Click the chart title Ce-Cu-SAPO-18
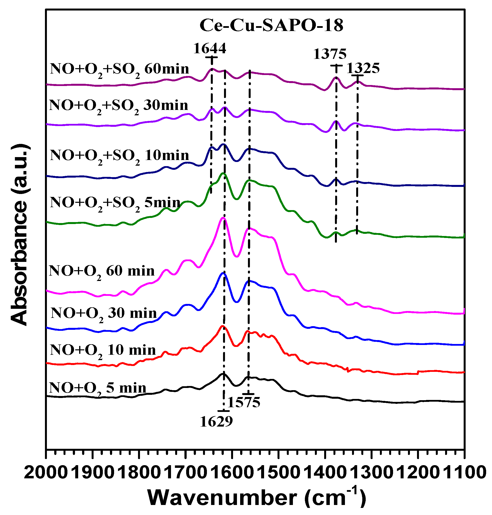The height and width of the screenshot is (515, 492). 271,26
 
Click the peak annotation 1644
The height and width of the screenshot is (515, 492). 210,48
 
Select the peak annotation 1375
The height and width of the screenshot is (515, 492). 330,54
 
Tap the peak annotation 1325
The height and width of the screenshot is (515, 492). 363,68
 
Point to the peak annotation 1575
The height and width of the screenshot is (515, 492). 244,402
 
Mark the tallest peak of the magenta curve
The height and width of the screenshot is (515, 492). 224,218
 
